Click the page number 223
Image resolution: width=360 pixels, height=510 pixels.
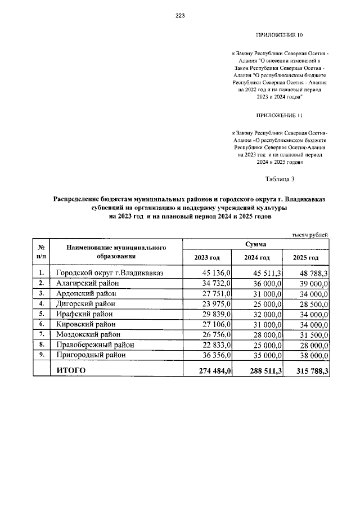tap(180, 16)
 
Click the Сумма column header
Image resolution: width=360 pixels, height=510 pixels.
tap(256, 244)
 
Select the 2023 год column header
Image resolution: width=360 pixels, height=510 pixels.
tap(207, 258)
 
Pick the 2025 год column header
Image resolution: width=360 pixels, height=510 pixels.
tap(306, 258)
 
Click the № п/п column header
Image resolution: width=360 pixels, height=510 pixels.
tap(41, 251)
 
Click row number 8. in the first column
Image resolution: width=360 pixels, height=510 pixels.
tap(41, 344)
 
